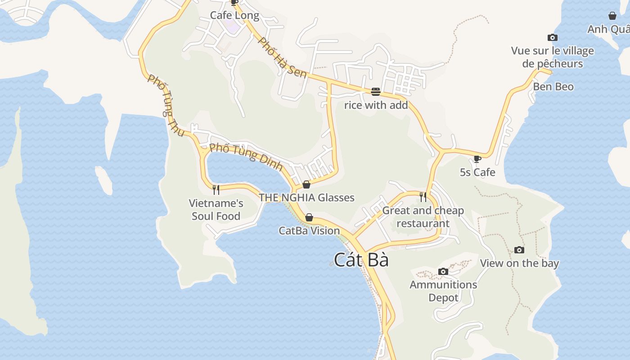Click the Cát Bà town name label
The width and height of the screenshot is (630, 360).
361,260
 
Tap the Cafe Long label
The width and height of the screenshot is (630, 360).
234,16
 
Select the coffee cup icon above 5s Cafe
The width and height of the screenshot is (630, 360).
477,159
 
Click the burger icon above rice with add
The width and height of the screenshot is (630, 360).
376,92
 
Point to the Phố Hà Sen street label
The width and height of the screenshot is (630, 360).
283,57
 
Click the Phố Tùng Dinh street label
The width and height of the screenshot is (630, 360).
246,156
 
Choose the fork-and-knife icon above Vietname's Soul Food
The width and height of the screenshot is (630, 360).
216,189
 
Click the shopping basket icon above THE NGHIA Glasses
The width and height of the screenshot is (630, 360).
306,184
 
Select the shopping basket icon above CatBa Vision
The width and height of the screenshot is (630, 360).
309,218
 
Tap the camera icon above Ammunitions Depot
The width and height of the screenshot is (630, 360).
443,272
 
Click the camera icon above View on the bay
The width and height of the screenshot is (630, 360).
519,250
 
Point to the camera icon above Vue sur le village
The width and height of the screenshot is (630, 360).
552,38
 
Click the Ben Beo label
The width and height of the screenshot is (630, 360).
553,86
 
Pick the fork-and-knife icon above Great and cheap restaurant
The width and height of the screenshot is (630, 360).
423,197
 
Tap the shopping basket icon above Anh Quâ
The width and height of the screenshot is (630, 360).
612,16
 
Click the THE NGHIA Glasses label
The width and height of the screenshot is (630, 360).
306,198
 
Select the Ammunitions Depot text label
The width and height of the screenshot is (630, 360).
443,291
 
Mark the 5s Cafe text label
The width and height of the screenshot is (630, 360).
477,172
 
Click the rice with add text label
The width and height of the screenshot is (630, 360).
376,105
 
